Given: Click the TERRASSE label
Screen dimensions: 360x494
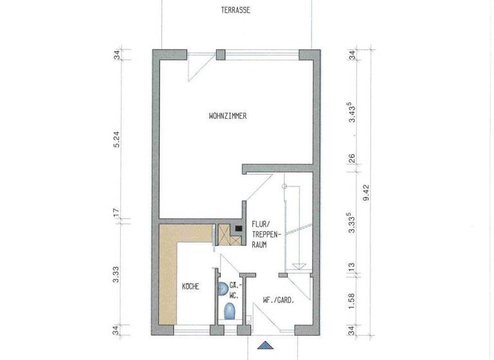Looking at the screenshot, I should point(235,10).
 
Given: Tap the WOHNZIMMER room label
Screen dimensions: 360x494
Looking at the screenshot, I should point(228,116).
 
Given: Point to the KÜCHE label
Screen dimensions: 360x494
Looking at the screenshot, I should point(191,287).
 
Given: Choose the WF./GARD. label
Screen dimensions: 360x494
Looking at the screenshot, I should point(278,299).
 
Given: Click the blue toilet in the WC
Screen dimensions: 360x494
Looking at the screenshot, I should point(230,311).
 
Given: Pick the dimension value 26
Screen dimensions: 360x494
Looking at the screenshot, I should point(352,158).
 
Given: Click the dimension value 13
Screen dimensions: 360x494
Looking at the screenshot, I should point(352,266).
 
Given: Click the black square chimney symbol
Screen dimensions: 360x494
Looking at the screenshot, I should point(238,228).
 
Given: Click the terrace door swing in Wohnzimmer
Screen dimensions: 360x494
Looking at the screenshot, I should point(197,67).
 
